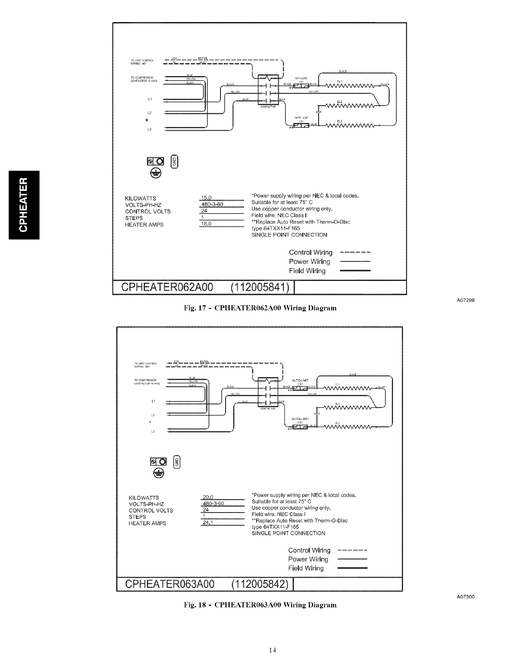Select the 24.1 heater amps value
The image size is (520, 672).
tap(208, 523)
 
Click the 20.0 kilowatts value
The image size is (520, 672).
tap(208, 497)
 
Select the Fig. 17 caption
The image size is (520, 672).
tap(258, 308)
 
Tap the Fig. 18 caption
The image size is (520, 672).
tap(258, 604)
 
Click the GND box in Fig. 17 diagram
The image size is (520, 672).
tap(173, 162)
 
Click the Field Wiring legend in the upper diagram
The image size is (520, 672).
tap(307, 271)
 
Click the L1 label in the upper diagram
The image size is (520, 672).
tap(150, 99)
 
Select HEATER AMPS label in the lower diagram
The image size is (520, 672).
tap(147, 524)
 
